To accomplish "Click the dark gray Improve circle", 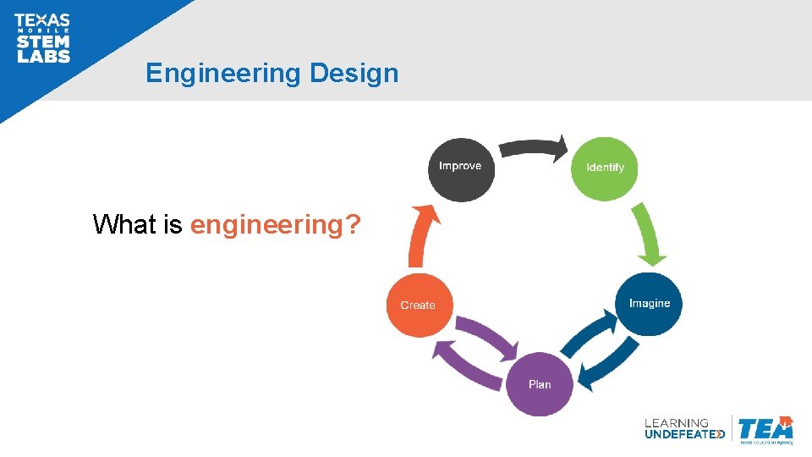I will click(x=460, y=168).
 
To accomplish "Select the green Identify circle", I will click(x=605, y=168).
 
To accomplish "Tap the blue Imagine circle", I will click(x=650, y=304).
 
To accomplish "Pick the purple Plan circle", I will click(x=539, y=384).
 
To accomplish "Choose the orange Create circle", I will click(x=419, y=306).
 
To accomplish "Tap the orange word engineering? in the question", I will click(x=276, y=225).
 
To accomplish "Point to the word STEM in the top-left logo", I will click(x=42, y=42).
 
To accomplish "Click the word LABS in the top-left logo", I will click(x=42, y=57).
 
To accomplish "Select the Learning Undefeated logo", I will click(x=683, y=428).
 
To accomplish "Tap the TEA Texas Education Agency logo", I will click(x=765, y=429).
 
